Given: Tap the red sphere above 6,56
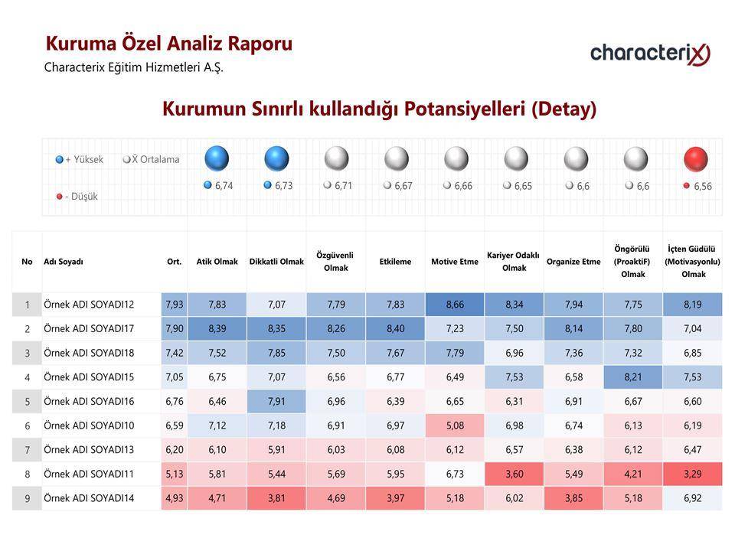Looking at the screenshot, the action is point(696,159).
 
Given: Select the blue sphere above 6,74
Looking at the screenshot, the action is point(217,158).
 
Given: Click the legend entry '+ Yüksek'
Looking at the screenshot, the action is point(79,159).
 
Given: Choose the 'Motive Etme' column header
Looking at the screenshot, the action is point(455,262).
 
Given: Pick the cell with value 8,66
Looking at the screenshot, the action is point(455,305).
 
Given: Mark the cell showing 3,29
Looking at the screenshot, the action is point(692,474).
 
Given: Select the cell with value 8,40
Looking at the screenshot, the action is point(395,329).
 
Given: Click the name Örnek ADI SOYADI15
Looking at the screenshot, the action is point(89,377).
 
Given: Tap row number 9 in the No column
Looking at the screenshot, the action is point(28,498).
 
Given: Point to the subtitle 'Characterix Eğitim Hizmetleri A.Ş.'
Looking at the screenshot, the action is point(133,67).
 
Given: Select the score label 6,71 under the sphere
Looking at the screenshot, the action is point(343,185).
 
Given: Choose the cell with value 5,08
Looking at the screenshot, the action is point(455,425).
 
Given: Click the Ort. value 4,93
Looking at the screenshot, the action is point(175,498).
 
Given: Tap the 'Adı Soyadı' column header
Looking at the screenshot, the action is point(64,262).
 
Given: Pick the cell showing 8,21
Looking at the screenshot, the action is point(633,377).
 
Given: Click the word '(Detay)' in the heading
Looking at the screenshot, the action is point(564,109).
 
